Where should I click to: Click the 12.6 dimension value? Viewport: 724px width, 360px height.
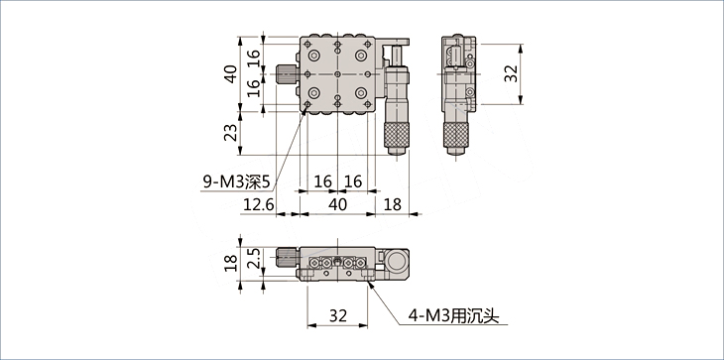click(x=259, y=204)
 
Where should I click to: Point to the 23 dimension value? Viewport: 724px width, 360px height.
click(x=233, y=133)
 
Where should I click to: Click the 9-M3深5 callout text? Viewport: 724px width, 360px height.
click(x=236, y=182)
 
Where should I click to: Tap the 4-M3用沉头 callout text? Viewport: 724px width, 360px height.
click(x=453, y=315)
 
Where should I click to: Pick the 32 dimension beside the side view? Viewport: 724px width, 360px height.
click(x=511, y=73)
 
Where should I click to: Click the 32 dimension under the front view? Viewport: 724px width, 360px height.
click(x=338, y=315)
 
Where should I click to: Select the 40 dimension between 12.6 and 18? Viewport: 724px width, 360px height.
click(x=338, y=204)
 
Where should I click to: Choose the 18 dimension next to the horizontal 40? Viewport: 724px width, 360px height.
click(x=393, y=204)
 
